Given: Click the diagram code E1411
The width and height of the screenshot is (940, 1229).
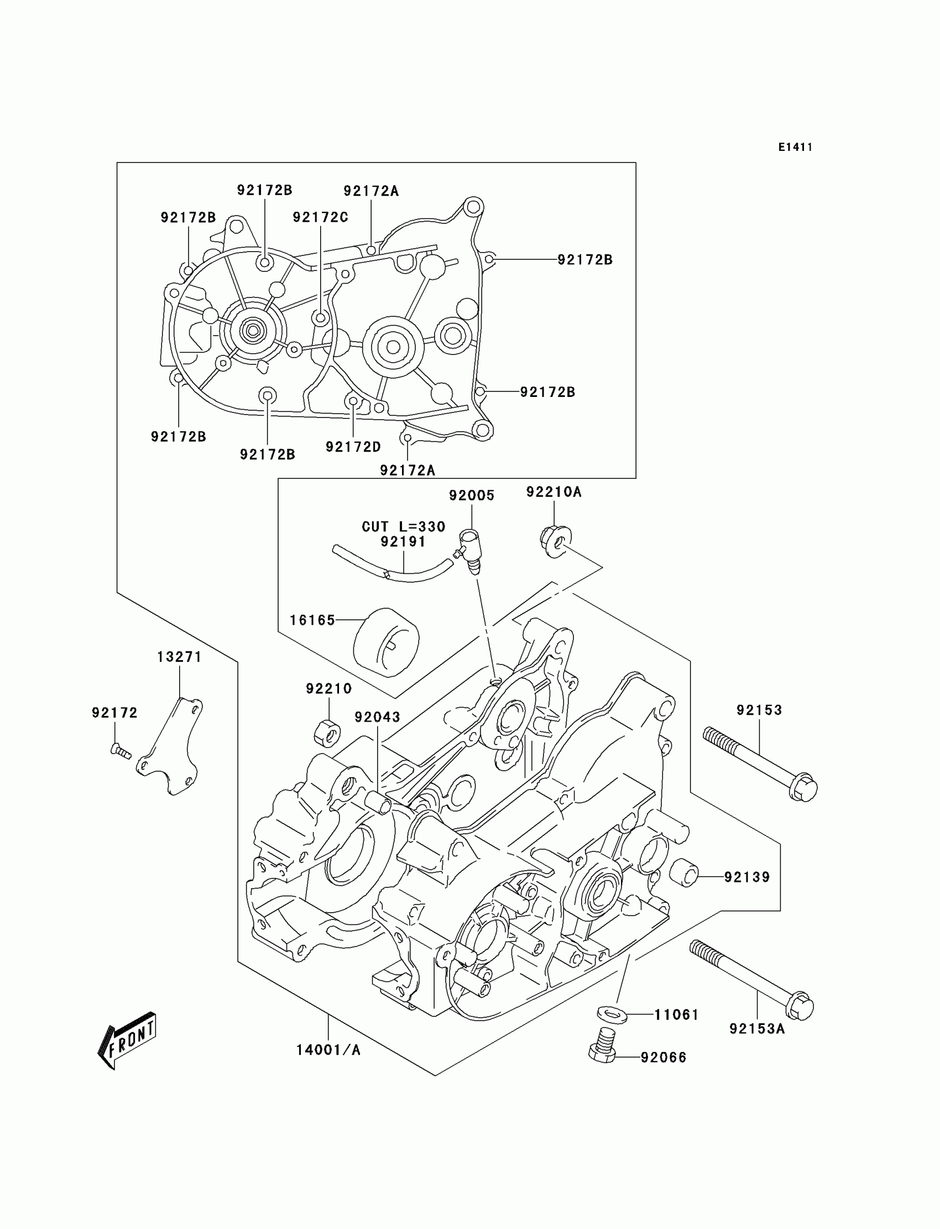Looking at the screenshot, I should [x=795, y=147].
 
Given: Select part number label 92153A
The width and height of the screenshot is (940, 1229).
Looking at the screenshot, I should [x=757, y=1029].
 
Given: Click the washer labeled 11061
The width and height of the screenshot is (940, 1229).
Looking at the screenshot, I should [x=612, y=1012].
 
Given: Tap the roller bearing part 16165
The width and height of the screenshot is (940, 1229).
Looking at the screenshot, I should [x=386, y=642].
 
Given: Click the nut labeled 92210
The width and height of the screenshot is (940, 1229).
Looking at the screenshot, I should [x=327, y=733].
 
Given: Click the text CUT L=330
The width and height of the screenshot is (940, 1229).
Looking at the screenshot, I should [x=404, y=526].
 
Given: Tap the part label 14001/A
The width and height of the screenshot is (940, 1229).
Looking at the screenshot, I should [x=328, y=1050].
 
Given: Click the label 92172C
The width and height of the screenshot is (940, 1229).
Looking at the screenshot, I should [x=320, y=217].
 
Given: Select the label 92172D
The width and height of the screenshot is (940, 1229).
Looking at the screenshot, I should [x=353, y=446].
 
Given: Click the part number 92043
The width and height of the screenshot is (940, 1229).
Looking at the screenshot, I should [x=377, y=717].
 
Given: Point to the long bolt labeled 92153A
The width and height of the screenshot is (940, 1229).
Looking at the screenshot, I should [x=751, y=979].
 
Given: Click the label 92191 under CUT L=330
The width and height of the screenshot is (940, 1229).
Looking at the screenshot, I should [x=403, y=541].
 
